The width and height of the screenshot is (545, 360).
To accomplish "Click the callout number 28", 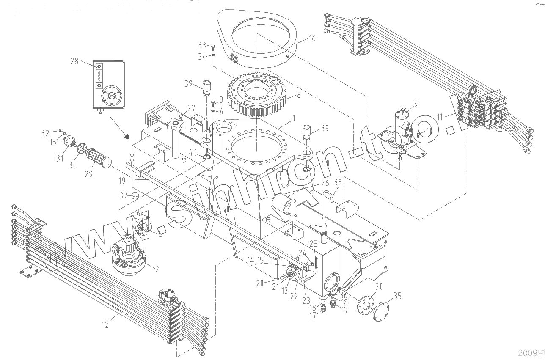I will tap(74, 62).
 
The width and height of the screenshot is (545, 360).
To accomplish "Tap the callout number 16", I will tap(312, 38).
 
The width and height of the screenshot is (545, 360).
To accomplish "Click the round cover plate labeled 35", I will tap(384, 310).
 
